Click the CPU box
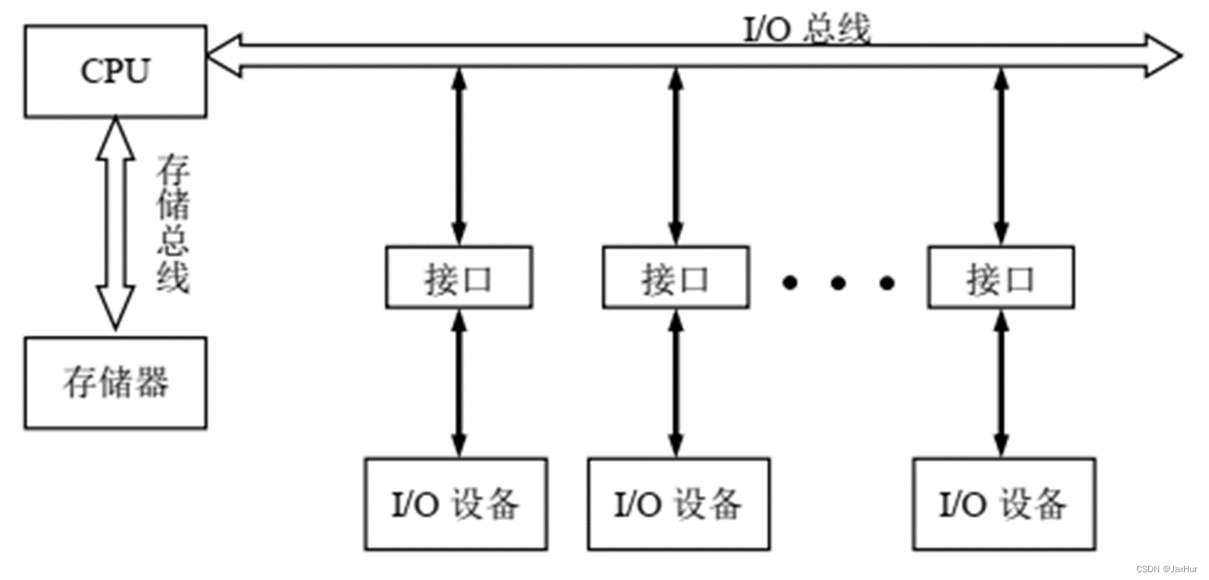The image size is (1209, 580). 115,71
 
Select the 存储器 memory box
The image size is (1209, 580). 115,383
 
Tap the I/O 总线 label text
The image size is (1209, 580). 805,30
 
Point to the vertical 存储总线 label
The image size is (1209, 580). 173,225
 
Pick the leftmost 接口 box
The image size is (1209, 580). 459,278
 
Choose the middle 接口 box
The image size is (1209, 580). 675,278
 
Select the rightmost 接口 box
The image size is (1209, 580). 1001,278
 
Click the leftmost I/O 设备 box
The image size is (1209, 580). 456,504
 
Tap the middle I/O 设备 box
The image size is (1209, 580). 678,504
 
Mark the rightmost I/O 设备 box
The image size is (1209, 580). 1004,504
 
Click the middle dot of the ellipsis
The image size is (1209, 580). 838,283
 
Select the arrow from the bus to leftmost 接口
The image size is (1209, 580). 459,156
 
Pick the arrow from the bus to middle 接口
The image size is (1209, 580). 675,156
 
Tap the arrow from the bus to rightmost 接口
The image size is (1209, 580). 1001,156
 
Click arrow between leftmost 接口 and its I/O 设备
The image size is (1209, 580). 459,382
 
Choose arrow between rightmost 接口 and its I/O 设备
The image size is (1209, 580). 1001,382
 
